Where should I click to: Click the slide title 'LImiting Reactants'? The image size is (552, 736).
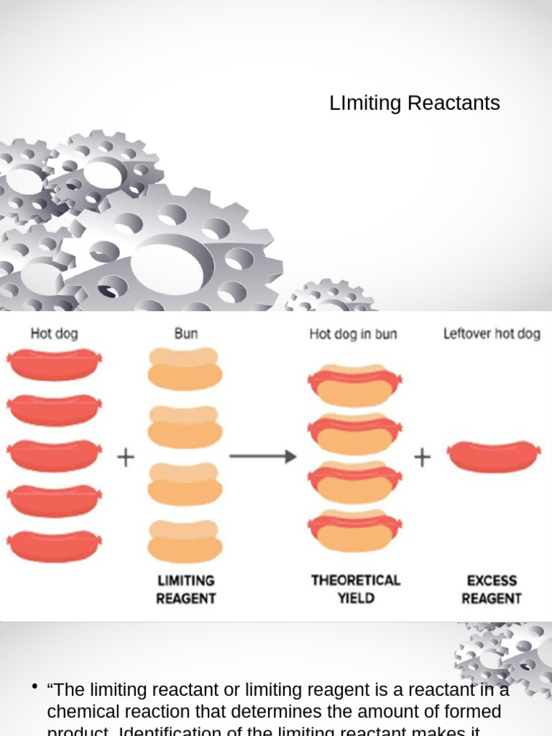[x=415, y=103]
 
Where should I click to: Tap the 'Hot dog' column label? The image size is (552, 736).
[x=54, y=333]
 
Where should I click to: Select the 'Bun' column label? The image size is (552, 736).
[x=185, y=333]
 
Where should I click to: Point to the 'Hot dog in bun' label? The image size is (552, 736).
[x=353, y=334]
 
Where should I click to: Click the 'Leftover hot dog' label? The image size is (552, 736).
[x=492, y=334]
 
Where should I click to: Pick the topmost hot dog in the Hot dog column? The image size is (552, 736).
[x=55, y=364]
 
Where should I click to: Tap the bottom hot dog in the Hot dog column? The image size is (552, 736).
[x=55, y=546]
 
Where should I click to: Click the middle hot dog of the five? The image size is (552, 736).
[x=55, y=455]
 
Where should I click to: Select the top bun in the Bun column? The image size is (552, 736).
[x=185, y=369]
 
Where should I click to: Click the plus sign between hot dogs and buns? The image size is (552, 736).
[x=126, y=457]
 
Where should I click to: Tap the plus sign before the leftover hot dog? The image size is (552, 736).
[x=422, y=457]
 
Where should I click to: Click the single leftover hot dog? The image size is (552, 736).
[x=493, y=456]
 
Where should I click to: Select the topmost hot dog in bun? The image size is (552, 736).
[x=354, y=386]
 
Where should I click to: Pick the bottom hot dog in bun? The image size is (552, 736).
[x=354, y=530]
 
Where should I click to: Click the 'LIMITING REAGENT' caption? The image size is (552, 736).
[x=185, y=589]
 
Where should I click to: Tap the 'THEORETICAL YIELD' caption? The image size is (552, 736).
[x=355, y=589]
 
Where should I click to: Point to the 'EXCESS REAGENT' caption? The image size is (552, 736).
[x=492, y=589]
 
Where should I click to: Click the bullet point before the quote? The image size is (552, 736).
[x=34, y=688]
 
